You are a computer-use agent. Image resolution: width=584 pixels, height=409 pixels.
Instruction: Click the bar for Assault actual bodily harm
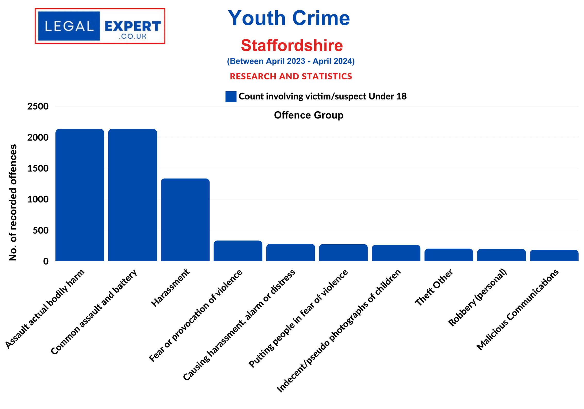[x=80, y=195]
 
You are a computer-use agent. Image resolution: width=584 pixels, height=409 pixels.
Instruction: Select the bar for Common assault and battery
[x=132, y=195]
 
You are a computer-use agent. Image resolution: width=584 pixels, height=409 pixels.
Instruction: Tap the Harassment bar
[x=185, y=220]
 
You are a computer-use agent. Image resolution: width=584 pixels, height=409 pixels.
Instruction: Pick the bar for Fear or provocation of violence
[x=238, y=251]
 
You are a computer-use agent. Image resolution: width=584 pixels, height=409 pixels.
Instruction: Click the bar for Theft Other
[x=448, y=255]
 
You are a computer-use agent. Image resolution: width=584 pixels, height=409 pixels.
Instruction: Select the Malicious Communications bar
[x=554, y=255]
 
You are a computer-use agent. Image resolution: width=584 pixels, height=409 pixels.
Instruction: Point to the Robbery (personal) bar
[x=501, y=255]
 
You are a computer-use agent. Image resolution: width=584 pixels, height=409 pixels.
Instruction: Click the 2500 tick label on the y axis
[x=38, y=106]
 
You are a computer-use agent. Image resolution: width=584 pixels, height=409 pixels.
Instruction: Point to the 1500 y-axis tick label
[x=38, y=169]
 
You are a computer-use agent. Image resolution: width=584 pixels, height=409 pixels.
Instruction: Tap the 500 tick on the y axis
[x=40, y=230]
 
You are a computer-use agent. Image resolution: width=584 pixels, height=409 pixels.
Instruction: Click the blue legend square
[x=231, y=97]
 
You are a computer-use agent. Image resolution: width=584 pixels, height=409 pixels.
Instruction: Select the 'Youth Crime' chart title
[x=289, y=18]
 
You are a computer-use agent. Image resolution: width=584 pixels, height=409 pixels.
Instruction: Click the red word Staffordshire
[x=292, y=46]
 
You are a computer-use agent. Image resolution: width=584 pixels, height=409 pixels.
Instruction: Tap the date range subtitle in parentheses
[x=291, y=61]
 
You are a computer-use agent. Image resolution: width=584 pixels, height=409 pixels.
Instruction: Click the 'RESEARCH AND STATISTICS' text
[x=291, y=76]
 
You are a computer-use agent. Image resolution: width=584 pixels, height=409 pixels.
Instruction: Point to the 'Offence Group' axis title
[x=308, y=115]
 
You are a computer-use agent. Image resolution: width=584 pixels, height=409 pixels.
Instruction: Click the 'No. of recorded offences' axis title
[x=13, y=202]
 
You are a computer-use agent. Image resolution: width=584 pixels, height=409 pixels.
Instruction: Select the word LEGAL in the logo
[x=69, y=26]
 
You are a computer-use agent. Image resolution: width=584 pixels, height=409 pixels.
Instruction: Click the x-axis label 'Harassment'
[x=170, y=288]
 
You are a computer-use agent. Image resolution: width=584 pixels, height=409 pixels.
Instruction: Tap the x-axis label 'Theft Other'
[x=434, y=287]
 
